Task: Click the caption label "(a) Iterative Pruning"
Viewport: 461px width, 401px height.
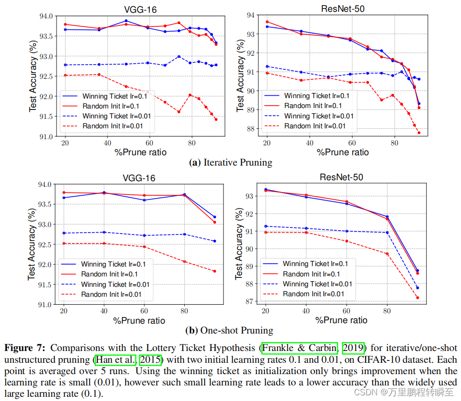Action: click(x=230, y=163)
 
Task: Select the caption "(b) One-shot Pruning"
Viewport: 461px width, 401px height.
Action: click(x=230, y=330)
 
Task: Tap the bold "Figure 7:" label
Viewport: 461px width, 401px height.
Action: click(x=25, y=348)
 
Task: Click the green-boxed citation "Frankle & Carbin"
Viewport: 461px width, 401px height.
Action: click(x=300, y=348)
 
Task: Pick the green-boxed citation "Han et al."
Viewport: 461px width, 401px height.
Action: click(x=115, y=359)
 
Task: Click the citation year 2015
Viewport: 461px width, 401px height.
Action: click(x=150, y=359)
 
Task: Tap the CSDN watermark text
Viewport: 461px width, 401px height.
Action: click(x=404, y=392)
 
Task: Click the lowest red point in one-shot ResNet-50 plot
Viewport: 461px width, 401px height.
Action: click(x=418, y=298)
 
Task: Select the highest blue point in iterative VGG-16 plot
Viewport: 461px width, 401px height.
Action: click(x=126, y=21)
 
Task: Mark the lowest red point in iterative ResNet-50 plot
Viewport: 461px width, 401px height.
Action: click(x=419, y=133)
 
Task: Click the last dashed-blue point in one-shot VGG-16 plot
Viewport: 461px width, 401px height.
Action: click(x=214, y=241)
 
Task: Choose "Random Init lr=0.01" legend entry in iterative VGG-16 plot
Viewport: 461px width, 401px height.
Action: click(x=112, y=126)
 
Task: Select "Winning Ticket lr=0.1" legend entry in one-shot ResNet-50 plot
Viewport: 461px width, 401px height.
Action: click(x=315, y=264)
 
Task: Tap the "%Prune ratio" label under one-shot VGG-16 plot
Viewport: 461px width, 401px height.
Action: click(x=140, y=320)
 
